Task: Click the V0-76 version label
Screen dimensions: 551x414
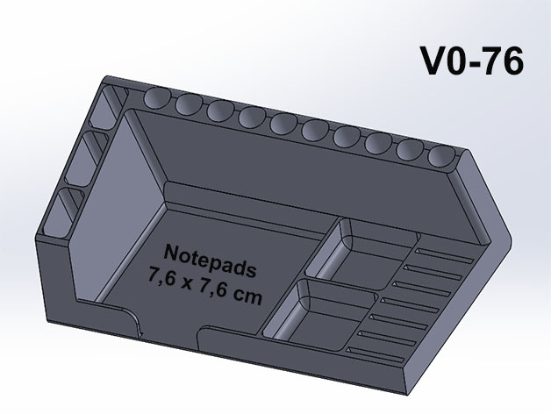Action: coord(471,61)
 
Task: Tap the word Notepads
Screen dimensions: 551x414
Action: coord(210,261)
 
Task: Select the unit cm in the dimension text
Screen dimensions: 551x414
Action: coord(247,297)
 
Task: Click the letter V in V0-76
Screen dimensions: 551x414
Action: coord(433,61)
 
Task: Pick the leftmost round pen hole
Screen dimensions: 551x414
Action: coord(158,97)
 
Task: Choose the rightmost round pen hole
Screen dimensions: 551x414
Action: coord(441,156)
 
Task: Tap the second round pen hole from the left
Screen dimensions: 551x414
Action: coord(189,104)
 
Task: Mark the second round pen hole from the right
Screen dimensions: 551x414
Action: coord(410,149)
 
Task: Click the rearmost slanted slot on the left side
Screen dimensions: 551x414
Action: coord(108,106)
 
